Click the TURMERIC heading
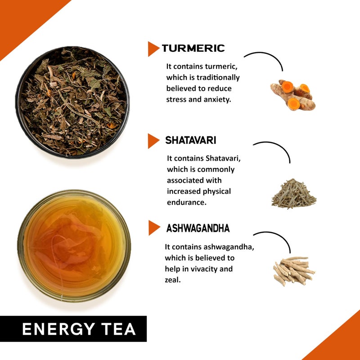(x=193, y=48)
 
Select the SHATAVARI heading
(x=190, y=140)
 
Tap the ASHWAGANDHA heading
(x=198, y=228)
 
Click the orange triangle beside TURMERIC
(x=153, y=49)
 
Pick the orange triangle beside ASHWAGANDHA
(x=154, y=228)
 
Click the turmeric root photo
(x=293, y=94)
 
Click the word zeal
(x=173, y=280)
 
